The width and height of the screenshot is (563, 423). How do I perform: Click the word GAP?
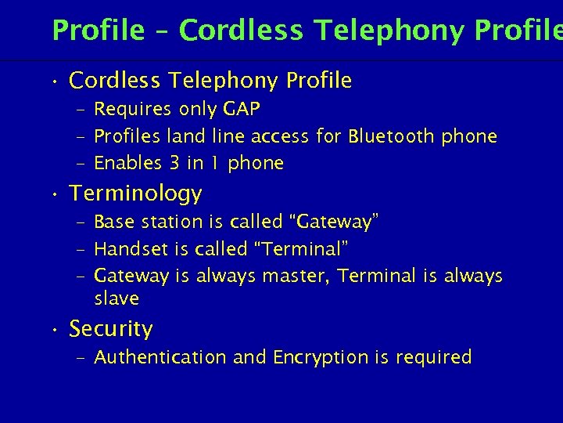pos(242,108)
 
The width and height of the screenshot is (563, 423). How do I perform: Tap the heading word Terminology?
pos(136,193)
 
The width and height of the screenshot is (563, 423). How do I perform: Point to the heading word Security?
pos(111,329)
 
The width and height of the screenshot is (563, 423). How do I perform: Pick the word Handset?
pos(122,249)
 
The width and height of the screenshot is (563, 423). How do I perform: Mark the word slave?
pos(117,298)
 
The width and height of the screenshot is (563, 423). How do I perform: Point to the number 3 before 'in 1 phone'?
pos(174,163)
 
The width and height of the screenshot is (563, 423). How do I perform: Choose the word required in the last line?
pos(434,357)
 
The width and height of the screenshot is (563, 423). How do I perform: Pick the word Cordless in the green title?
pos(242,31)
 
